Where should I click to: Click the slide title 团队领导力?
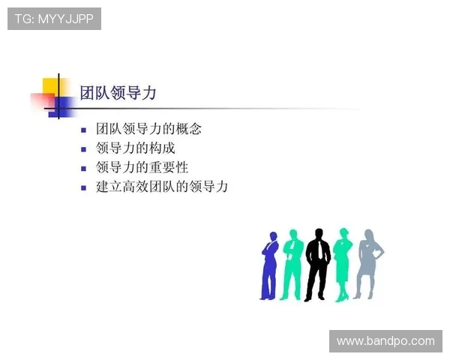118,92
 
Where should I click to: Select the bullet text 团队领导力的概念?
148,129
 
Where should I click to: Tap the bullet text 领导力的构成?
136,148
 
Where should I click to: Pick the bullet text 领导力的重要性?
142,167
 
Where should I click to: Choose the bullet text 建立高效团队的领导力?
162,187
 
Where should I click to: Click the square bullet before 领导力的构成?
84,148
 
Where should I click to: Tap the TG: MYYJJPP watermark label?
54,19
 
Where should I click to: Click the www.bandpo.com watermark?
385,341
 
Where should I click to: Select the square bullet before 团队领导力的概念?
84,130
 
